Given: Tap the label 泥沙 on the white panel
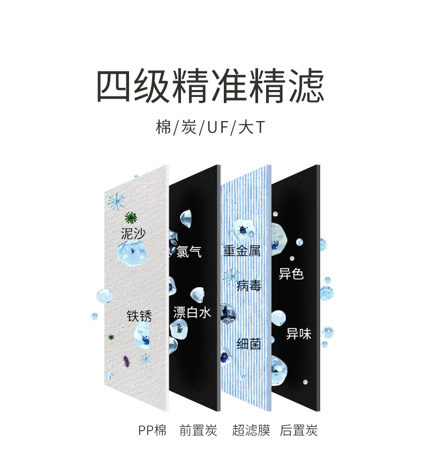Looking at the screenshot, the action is [x=133, y=234].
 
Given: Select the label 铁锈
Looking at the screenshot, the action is [x=139, y=315].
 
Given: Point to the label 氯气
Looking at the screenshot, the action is [x=189, y=251].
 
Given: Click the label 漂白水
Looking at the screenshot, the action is [x=192, y=312].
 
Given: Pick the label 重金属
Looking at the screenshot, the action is [x=241, y=250].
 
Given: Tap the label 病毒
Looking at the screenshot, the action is [x=248, y=285].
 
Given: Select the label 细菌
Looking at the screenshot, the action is [x=248, y=343].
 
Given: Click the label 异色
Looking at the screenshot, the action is [x=291, y=274].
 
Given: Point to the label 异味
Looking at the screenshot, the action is [x=298, y=334].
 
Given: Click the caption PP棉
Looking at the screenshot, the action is [x=152, y=430].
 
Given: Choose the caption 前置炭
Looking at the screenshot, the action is [x=198, y=430].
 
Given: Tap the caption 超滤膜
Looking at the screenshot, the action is [x=251, y=430].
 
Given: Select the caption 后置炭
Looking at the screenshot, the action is [x=299, y=430].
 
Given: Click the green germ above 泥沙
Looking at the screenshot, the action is [x=130, y=217].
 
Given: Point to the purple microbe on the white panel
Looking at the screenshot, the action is [x=127, y=360].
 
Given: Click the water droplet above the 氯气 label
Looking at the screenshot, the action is [x=187, y=217].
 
